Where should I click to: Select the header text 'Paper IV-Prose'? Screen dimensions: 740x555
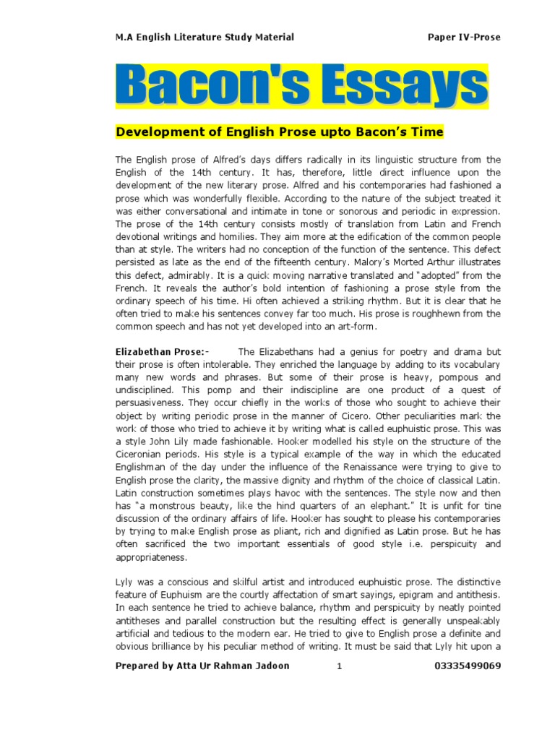click(463, 37)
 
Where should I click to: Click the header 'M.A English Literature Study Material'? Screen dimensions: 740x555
click(205, 37)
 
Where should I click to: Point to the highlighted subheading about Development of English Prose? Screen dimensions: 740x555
click(280, 132)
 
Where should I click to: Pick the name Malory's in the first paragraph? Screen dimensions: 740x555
click(402, 262)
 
